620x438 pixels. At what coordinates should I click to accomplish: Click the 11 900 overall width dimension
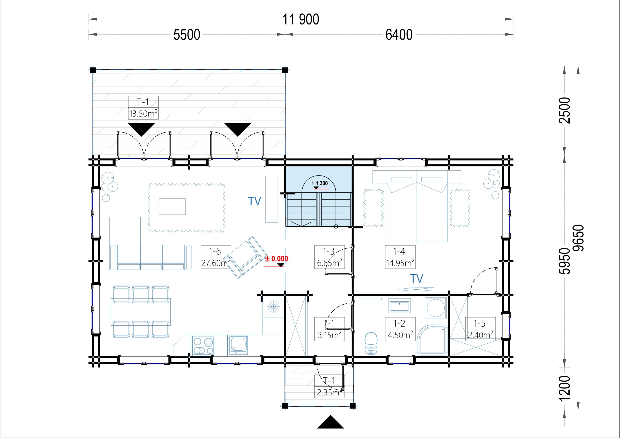tap(301, 19)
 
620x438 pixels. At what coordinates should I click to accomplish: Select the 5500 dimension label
tap(186, 35)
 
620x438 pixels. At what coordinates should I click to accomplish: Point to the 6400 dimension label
tap(399, 35)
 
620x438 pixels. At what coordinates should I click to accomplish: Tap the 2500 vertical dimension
tap(565, 110)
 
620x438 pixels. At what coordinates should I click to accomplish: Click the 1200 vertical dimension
tap(565, 388)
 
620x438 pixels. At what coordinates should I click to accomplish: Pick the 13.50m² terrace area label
tap(143, 113)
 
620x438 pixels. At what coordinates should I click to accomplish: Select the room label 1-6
tap(215, 251)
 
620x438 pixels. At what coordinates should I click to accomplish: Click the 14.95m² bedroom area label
tap(400, 263)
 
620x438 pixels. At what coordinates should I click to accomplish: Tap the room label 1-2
tap(399, 323)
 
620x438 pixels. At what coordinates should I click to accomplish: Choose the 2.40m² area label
tap(480, 335)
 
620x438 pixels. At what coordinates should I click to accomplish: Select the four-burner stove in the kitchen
tap(203, 345)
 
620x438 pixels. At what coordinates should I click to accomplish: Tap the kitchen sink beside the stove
tap(238, 345)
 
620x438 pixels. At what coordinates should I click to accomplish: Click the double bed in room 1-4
tap(417, 206)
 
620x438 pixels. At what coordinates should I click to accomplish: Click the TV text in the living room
tap(254, 201)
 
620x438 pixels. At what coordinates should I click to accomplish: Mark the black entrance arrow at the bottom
tap(330, 422)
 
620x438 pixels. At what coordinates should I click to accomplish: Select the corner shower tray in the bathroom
tap(432, 340)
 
